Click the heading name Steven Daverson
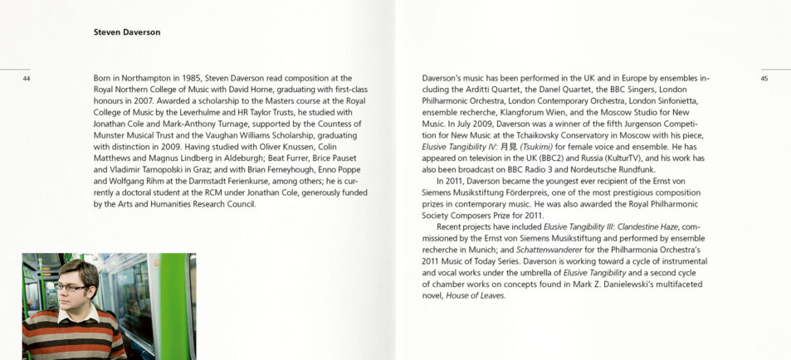point(127,32)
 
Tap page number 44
point(27,79)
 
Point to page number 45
point(764,79)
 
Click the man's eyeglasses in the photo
point(71,287)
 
